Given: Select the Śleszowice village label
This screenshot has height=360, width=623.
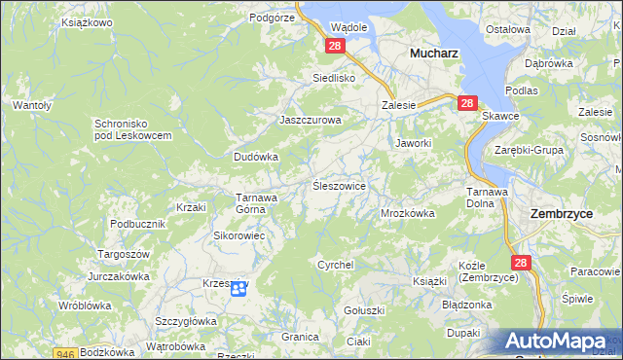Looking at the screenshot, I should click(339, 185).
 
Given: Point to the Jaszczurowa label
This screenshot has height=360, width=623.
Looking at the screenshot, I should click(311, 120).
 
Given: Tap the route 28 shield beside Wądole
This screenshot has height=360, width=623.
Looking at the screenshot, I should click(335, 46).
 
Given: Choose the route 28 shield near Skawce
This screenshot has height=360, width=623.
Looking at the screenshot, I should click(467, 103).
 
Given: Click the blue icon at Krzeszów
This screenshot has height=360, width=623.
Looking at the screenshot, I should click(238, 287).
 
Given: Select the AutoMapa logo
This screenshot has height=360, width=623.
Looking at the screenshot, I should click(559, 342).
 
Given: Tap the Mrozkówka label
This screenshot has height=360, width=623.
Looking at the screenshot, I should click(407, 212).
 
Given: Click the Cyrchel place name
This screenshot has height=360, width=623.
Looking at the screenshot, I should click(335, 265).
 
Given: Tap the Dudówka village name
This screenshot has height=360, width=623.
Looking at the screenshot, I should click(256, 156).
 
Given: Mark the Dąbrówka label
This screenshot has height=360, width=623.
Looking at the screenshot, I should click(548, 63).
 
